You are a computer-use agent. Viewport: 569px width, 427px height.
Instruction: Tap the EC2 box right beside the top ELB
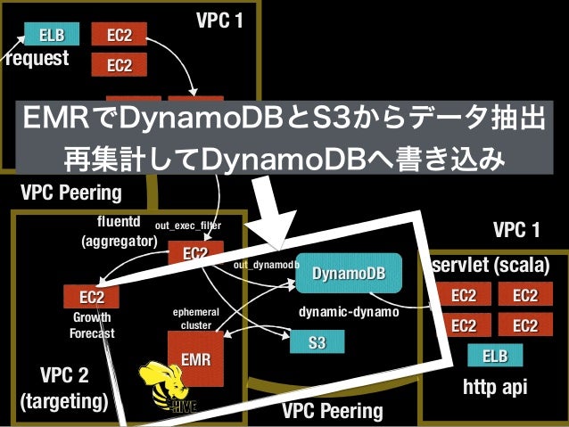119,36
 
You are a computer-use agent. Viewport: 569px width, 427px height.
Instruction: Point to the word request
37,60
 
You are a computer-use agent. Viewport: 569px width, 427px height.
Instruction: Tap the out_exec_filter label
187,226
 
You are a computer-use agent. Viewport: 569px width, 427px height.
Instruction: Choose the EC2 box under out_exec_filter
195,254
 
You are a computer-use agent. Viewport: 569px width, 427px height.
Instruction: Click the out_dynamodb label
265,266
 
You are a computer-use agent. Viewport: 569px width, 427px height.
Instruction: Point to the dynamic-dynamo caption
349,313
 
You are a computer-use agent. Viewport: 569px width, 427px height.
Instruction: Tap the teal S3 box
316,341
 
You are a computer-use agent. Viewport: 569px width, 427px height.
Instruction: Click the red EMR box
195,359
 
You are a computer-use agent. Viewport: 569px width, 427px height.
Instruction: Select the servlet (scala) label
490,267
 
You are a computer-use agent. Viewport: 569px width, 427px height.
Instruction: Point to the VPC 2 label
63,373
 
